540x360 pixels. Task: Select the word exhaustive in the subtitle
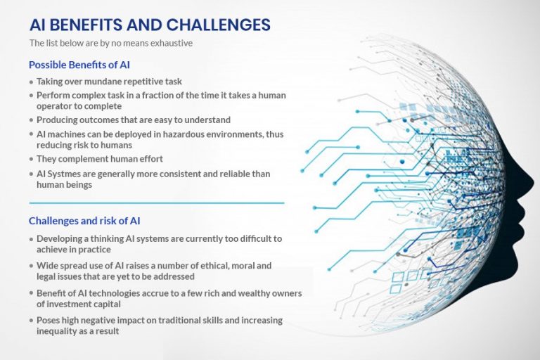point(172,43)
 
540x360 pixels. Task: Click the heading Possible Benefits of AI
point(79,65)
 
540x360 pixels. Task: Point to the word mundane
point(105,82)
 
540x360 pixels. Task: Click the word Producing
point(58,120)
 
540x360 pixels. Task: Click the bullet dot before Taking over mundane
point(31,82)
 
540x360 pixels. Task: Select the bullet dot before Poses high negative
point(31,321)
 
